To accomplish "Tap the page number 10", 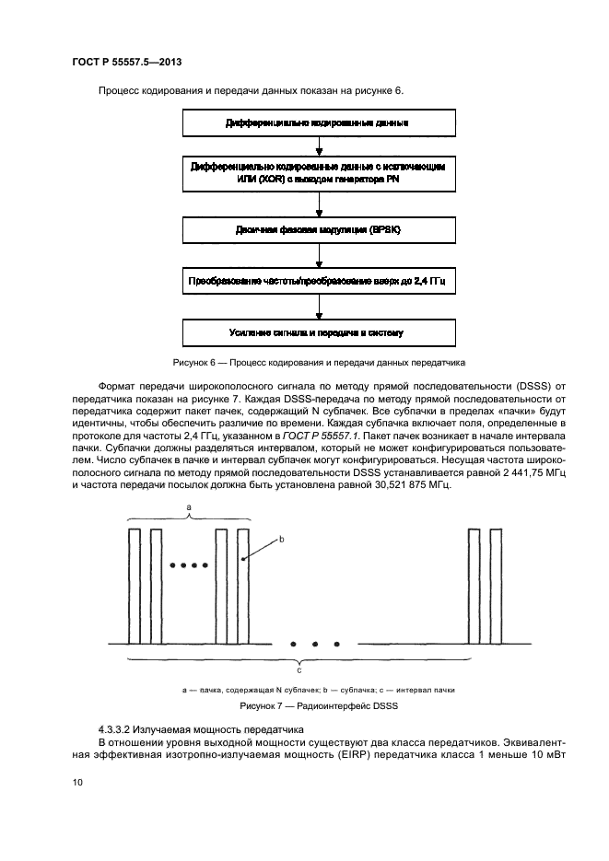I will pyautogui.click(x=77, y=783).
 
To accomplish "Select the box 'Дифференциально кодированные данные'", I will pyautogui.click(x=318, y=122).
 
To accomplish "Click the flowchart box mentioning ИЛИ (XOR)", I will pyautogui.click(x=318, y=174).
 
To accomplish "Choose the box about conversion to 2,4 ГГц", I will pyautogui.click(x=318, y=280).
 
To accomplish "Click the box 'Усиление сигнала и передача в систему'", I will pyautogui.click(x=318, y=332).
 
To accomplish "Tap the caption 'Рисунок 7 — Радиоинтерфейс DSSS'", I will pyautogui.click(x=317, y=705).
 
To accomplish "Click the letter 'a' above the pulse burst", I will pyautogui.click(x=189, y=507).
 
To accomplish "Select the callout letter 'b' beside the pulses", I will pyautogui.click(x=282, y=540).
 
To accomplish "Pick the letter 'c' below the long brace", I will pyautogui.click(x=299, y=669).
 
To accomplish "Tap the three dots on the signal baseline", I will pyautogui.click(x=316, y=644).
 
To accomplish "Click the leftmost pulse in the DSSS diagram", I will pyautogui.click(x=134, y=586).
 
